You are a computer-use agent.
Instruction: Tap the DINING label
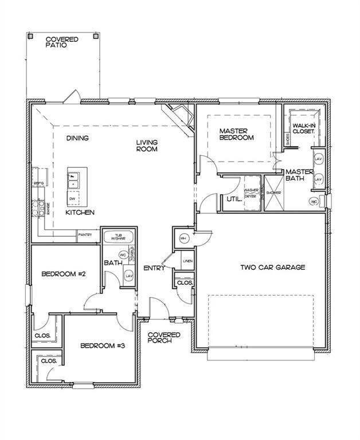77,138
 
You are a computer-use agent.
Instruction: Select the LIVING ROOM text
147,146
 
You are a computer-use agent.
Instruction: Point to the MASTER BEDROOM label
236,134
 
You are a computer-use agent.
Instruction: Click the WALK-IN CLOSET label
303,128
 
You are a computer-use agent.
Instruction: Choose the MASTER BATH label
299,175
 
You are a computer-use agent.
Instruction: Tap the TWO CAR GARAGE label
272,267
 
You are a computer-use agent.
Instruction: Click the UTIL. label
233,199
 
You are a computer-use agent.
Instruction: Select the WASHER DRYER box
251,193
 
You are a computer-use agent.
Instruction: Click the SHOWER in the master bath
273,193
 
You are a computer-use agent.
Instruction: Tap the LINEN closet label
186,262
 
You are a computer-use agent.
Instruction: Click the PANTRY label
85,234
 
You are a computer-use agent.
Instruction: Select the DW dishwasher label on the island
72,199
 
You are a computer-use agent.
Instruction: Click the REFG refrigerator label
39,183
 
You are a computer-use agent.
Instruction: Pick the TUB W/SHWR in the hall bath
119,237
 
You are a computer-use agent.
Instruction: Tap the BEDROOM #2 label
64,274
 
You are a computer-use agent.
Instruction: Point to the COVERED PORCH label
164,338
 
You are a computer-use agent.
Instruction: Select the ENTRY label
154,268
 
